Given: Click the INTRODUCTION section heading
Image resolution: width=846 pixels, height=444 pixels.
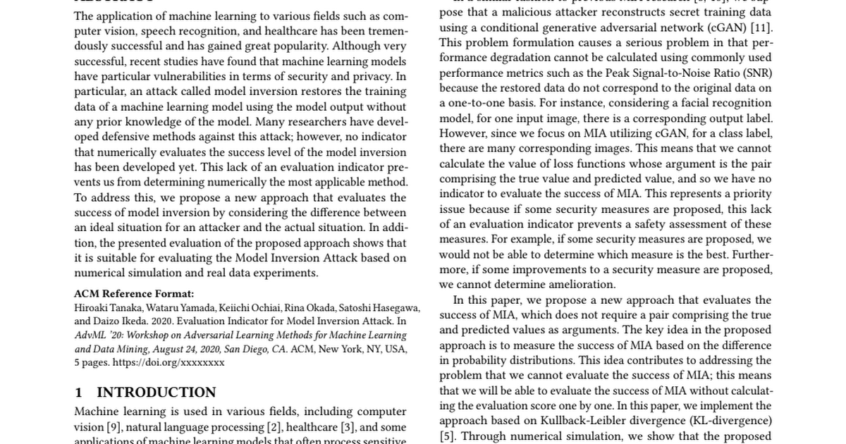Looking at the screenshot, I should tap(156, 393).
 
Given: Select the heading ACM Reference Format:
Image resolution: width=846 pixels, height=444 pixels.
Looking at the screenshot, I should tap(133, 294).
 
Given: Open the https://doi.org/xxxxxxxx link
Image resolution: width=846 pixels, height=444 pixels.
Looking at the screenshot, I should tap(168, 363).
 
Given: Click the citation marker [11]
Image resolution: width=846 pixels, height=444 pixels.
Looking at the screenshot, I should tap(761, 27).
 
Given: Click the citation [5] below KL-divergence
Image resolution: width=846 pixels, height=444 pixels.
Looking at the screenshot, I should tap(447, 436).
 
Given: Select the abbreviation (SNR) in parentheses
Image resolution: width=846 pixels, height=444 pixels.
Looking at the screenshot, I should tap(756, 73).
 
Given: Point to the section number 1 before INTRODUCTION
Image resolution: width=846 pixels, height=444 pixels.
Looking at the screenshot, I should tap(78, 393).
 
